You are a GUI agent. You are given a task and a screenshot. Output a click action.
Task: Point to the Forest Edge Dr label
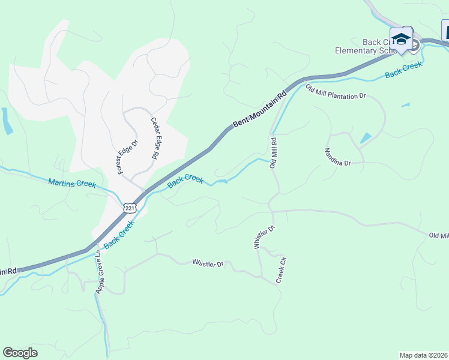[128, 157]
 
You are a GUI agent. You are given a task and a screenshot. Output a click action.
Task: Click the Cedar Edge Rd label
[154, 137]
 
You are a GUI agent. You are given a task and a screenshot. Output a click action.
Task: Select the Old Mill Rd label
[273, 153]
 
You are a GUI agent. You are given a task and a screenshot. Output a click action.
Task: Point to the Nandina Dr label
[337, 157]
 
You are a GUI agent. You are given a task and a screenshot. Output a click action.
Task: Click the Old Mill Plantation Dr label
[336, 92]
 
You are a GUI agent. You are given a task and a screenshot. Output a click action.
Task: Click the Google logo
[20, 353]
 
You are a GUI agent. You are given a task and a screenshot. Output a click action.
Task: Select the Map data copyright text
[424, 355]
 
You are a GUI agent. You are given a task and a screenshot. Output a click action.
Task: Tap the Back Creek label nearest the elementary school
[403, 70]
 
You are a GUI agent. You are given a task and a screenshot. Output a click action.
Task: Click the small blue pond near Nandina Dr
[366, 138]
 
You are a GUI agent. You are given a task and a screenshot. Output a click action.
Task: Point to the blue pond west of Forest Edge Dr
[6, 121]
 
